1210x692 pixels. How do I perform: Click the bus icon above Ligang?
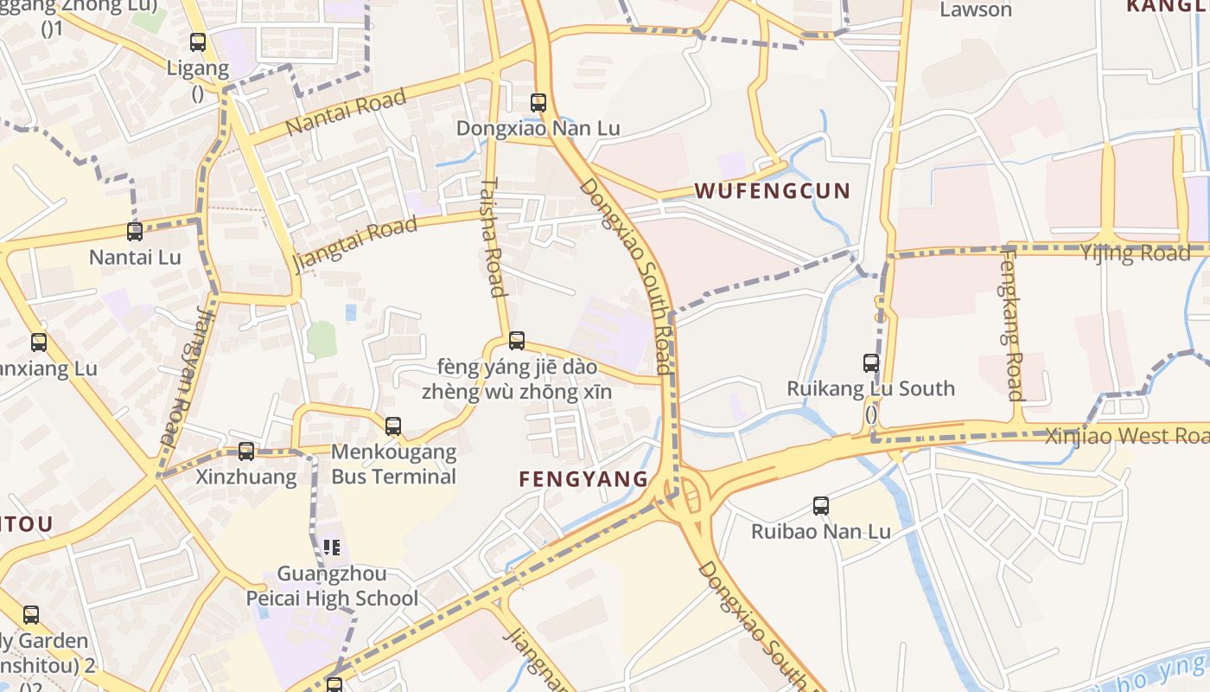click(x=198, y=42)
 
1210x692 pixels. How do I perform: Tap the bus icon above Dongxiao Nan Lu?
click(x=538, y=102)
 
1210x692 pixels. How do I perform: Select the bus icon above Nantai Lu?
click(x=135, y=231)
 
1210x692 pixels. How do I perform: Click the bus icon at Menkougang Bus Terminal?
click(x=393, y=426)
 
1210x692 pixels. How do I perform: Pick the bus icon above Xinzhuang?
click(x=246, y=451)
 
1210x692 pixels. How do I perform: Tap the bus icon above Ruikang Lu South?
click(x=871, y=362)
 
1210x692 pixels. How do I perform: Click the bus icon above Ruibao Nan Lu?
click(x=821, y=505)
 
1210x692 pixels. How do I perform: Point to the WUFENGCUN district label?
click(x=773, y=191)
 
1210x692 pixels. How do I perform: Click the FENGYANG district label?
click(x=583, y=479)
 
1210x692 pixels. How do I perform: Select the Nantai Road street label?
click(x=346, y=112)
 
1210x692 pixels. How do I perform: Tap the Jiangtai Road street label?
click(x=355, y=243)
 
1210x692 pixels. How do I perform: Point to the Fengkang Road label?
click(x=1012, y=324)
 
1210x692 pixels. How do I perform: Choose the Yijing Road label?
click(x=1135, y=253)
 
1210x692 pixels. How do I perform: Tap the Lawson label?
click(x=976, y=10)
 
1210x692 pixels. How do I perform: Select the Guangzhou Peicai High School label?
click(x=332, y=586)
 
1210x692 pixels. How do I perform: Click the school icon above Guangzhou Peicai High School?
click(x=332, y=547)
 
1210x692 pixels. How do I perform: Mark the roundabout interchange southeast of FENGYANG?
click(x=683, y=498)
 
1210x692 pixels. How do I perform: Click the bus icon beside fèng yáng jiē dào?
click(x=517, y=340)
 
